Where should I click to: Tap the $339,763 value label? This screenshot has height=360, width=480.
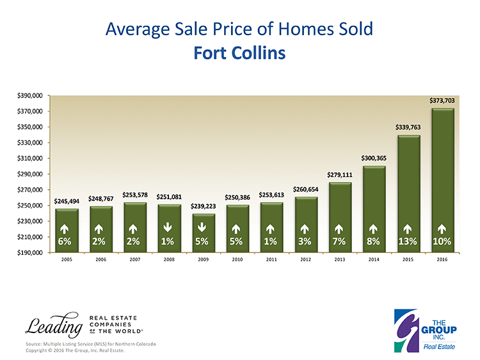point(407,127)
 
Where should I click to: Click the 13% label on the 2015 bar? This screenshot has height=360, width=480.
point(408,241)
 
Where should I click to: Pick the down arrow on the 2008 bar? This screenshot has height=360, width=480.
point(168,227)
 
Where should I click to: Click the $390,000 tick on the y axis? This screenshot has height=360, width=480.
point(29,96)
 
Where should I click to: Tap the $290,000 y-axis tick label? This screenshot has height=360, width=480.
point(29,174)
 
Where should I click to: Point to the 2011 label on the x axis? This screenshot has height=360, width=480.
point(271,261)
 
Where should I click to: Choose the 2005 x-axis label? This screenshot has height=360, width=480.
point(66,261)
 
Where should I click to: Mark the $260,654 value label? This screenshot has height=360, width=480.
point(305,189)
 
